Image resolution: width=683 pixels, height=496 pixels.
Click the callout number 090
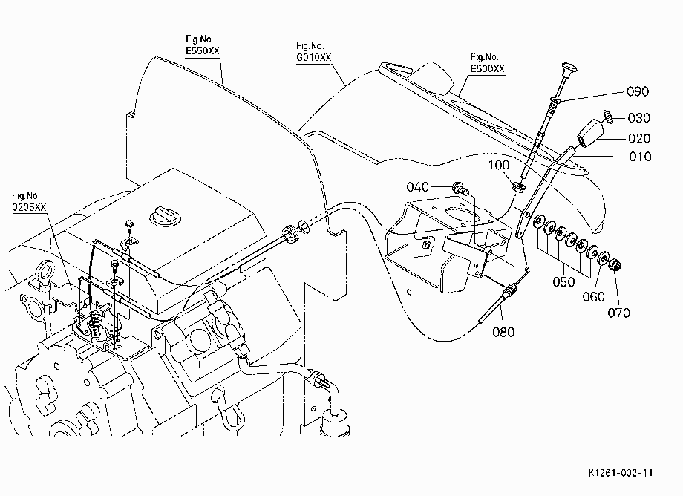(x=638, y=91)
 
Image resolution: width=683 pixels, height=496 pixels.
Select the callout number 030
(x=639, y=118)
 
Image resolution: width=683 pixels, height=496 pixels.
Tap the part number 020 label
(x=639, y=139)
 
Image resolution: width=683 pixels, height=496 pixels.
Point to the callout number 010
(x=640, y=157)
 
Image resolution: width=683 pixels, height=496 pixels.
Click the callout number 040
(x=418, y=187)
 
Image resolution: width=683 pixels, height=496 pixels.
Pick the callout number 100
(x=498, y=165)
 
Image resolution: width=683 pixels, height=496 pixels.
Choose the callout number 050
(x=563, y=281)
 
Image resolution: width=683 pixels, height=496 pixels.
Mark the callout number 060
(x=593, y=297)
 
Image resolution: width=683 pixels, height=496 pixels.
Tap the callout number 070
(x=618, y=313)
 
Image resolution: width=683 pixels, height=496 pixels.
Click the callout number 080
(x=503, y=332)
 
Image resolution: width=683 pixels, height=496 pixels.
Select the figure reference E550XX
(x=203, y=51)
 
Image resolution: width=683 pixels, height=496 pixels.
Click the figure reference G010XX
(x=313, y=57)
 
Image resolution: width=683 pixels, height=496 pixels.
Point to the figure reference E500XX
(x=488, y=69)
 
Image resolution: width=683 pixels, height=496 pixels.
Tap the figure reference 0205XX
(x=29, y=207)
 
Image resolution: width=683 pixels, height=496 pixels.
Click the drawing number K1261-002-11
(x=621, y=473)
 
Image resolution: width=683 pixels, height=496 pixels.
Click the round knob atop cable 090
(x=569, y=69)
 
